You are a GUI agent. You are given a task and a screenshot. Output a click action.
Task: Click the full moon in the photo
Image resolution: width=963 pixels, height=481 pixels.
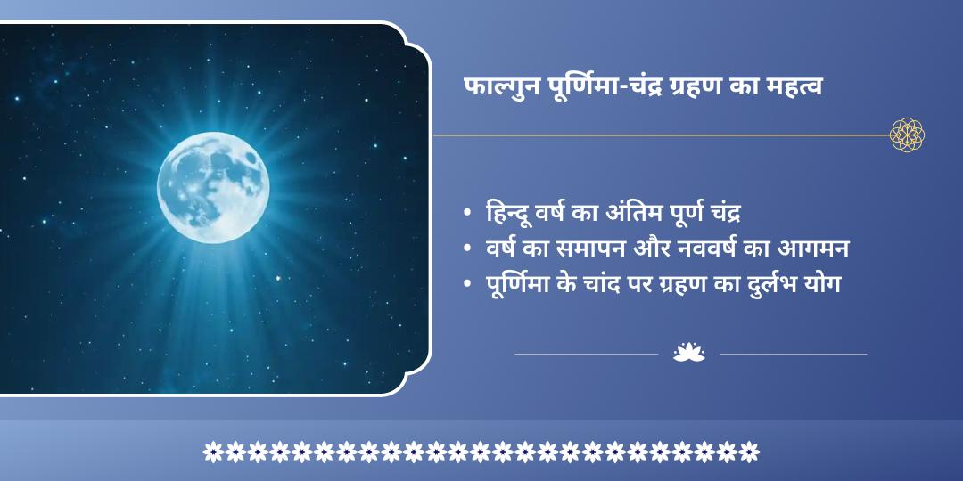click(214, 187)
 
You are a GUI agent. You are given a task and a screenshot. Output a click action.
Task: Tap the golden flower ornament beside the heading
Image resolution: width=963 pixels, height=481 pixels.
click(907, 135)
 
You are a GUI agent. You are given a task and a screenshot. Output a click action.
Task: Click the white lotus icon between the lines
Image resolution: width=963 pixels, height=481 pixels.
click(688, 354)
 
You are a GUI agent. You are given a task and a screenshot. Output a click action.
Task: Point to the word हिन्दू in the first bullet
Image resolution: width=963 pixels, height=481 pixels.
click(512, 214)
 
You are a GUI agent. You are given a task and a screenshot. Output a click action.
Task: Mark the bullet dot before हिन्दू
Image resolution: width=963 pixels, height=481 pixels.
click(468, 215)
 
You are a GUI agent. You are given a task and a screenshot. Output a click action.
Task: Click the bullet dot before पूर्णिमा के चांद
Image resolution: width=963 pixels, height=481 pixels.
click(468, 284)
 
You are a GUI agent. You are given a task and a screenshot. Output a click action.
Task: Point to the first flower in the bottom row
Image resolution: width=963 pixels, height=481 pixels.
click(212, 452)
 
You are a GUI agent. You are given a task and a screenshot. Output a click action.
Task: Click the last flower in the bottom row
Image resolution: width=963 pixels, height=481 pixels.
click(750, 452)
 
